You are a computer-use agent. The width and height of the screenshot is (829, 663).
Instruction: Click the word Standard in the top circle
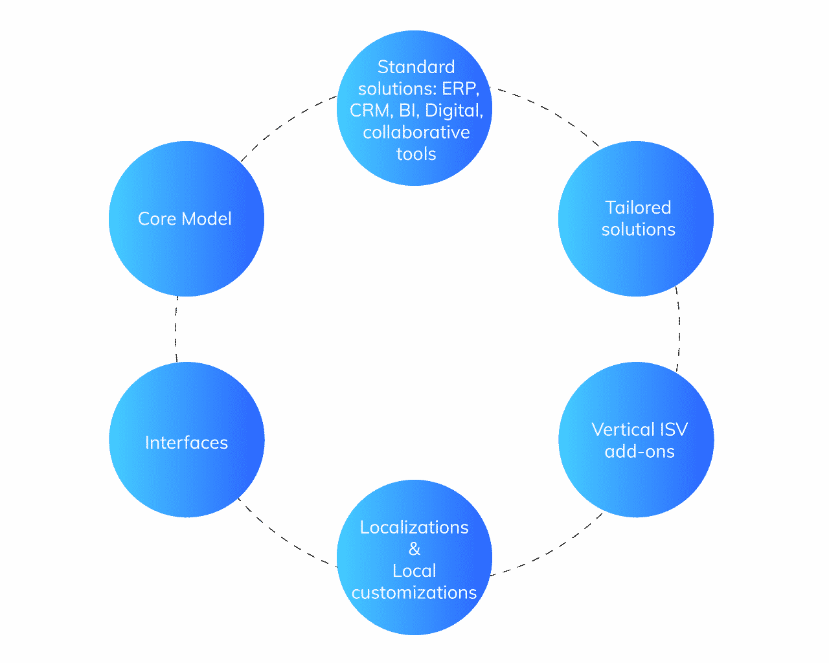click(416, 67)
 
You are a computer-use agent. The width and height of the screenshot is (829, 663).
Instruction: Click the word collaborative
click(416, 133)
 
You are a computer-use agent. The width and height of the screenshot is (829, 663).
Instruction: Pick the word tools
click(416, 154)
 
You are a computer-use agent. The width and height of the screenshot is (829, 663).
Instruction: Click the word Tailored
click(638, 208)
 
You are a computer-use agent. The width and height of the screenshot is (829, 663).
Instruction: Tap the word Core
click(157, 219)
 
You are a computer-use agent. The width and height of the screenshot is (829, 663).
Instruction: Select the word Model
click(207, 219)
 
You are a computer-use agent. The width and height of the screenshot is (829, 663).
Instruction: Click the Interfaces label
click(187, 443)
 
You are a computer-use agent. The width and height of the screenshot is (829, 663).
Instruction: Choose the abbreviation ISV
click(674, 429)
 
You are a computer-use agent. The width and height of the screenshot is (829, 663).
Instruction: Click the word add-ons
click(639, 451)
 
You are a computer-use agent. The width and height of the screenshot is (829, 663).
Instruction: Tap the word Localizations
click(414, 528)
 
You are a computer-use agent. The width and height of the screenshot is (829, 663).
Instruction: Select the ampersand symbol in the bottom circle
click(414, 549)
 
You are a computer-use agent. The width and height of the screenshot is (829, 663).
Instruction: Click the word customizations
click(414, 593)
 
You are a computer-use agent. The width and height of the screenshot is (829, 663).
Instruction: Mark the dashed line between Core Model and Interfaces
click(176, 330)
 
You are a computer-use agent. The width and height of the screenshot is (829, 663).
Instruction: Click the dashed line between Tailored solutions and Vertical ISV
click(679, 330)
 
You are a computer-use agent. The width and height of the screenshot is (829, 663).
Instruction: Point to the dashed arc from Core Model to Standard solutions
click(285, 122)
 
